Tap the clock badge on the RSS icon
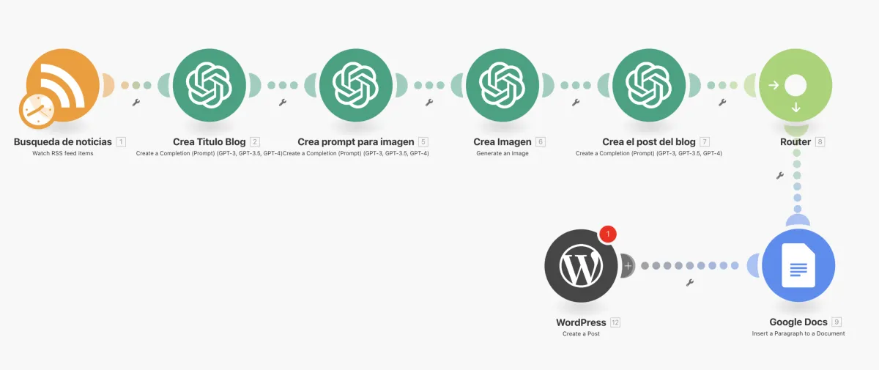pyautogui.click(x=36, y=111)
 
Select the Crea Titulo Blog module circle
pyautogui.click(x=209, y=85)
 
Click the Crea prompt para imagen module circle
pyautogui.click(x=356, y=85)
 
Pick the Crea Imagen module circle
pyautogui.click(x=502, y=85)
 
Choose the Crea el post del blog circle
pyautogui.click(x=649, y=85)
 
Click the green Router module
pyautogui.click(x=795, y=86)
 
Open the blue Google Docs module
pyautogui.click(x=798, y=266)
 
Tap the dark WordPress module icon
pyautogui.click(x=581, y=266)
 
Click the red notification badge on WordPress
pyautogui.click(x=608, y=234)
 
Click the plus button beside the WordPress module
pyautogui.click(x=627, y=266)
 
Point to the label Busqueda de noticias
pyautogui.click(x=63, y=141)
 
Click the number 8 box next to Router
pyautogui.click(x=820, y=141)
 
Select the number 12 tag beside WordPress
pyautogui.click(x=615, y=322)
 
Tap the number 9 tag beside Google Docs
pyautogui.click(x=837, y=322)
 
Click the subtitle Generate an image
pyautogui.click(x=502, y=153)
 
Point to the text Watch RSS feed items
pyautogui.click(x=63, y=153)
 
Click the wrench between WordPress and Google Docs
pyautogui.click(x=689, y=283)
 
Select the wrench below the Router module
pyautogui.click(x=779, y=175)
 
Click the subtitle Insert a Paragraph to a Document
pyautogui.click(x=798, y=333)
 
